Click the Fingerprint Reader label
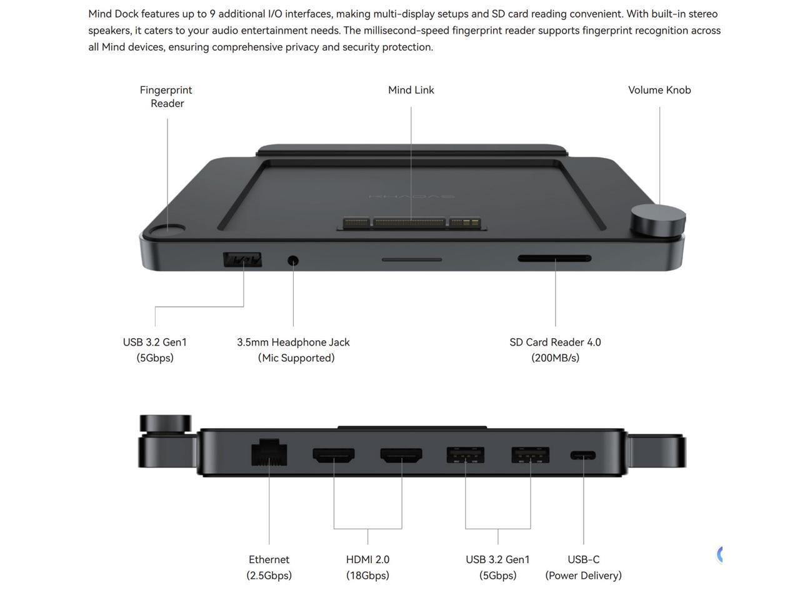click(x=166, y=97)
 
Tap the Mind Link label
click(x=411, y=90)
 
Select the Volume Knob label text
click(x=659, y=90)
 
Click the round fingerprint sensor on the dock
click(x=173, y=230)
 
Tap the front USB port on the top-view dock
click(x=242, y=259)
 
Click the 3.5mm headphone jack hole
click(x=292, y=260)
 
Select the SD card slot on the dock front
click(x=554, y=258)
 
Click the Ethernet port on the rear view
click(x=269, y=453)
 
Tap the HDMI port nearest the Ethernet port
click(x=334, y=455)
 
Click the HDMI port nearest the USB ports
click(x=401, y=455)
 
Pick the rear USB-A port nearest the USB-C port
click(x=530, y=455)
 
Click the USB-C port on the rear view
click(x=583, y=456)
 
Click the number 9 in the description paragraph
click(x=212, y=14)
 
